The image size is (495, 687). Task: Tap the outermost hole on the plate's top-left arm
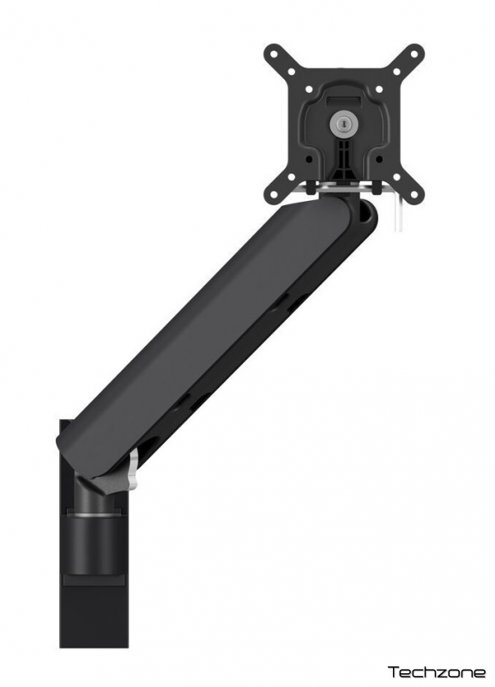[275, 56]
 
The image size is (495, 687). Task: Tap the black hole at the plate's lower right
[379, 159]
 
